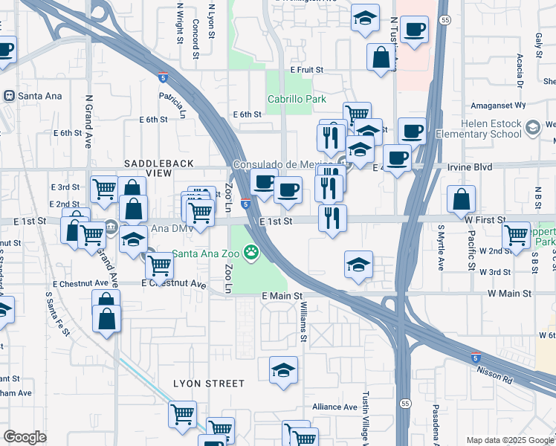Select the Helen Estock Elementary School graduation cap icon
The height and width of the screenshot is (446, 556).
tap(532, 129)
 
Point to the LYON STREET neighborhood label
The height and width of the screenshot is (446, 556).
tap(209, 384)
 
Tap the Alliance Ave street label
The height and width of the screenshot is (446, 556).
tap(334, 407)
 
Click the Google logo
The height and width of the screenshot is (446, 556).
tap(25, 436)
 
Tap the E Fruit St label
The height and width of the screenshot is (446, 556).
tap(307, 69)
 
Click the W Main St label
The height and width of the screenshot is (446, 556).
tap(508, 294)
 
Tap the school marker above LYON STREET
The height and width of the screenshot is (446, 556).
tap(282, 371)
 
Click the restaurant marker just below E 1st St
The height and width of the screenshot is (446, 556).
tap(332, 218)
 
